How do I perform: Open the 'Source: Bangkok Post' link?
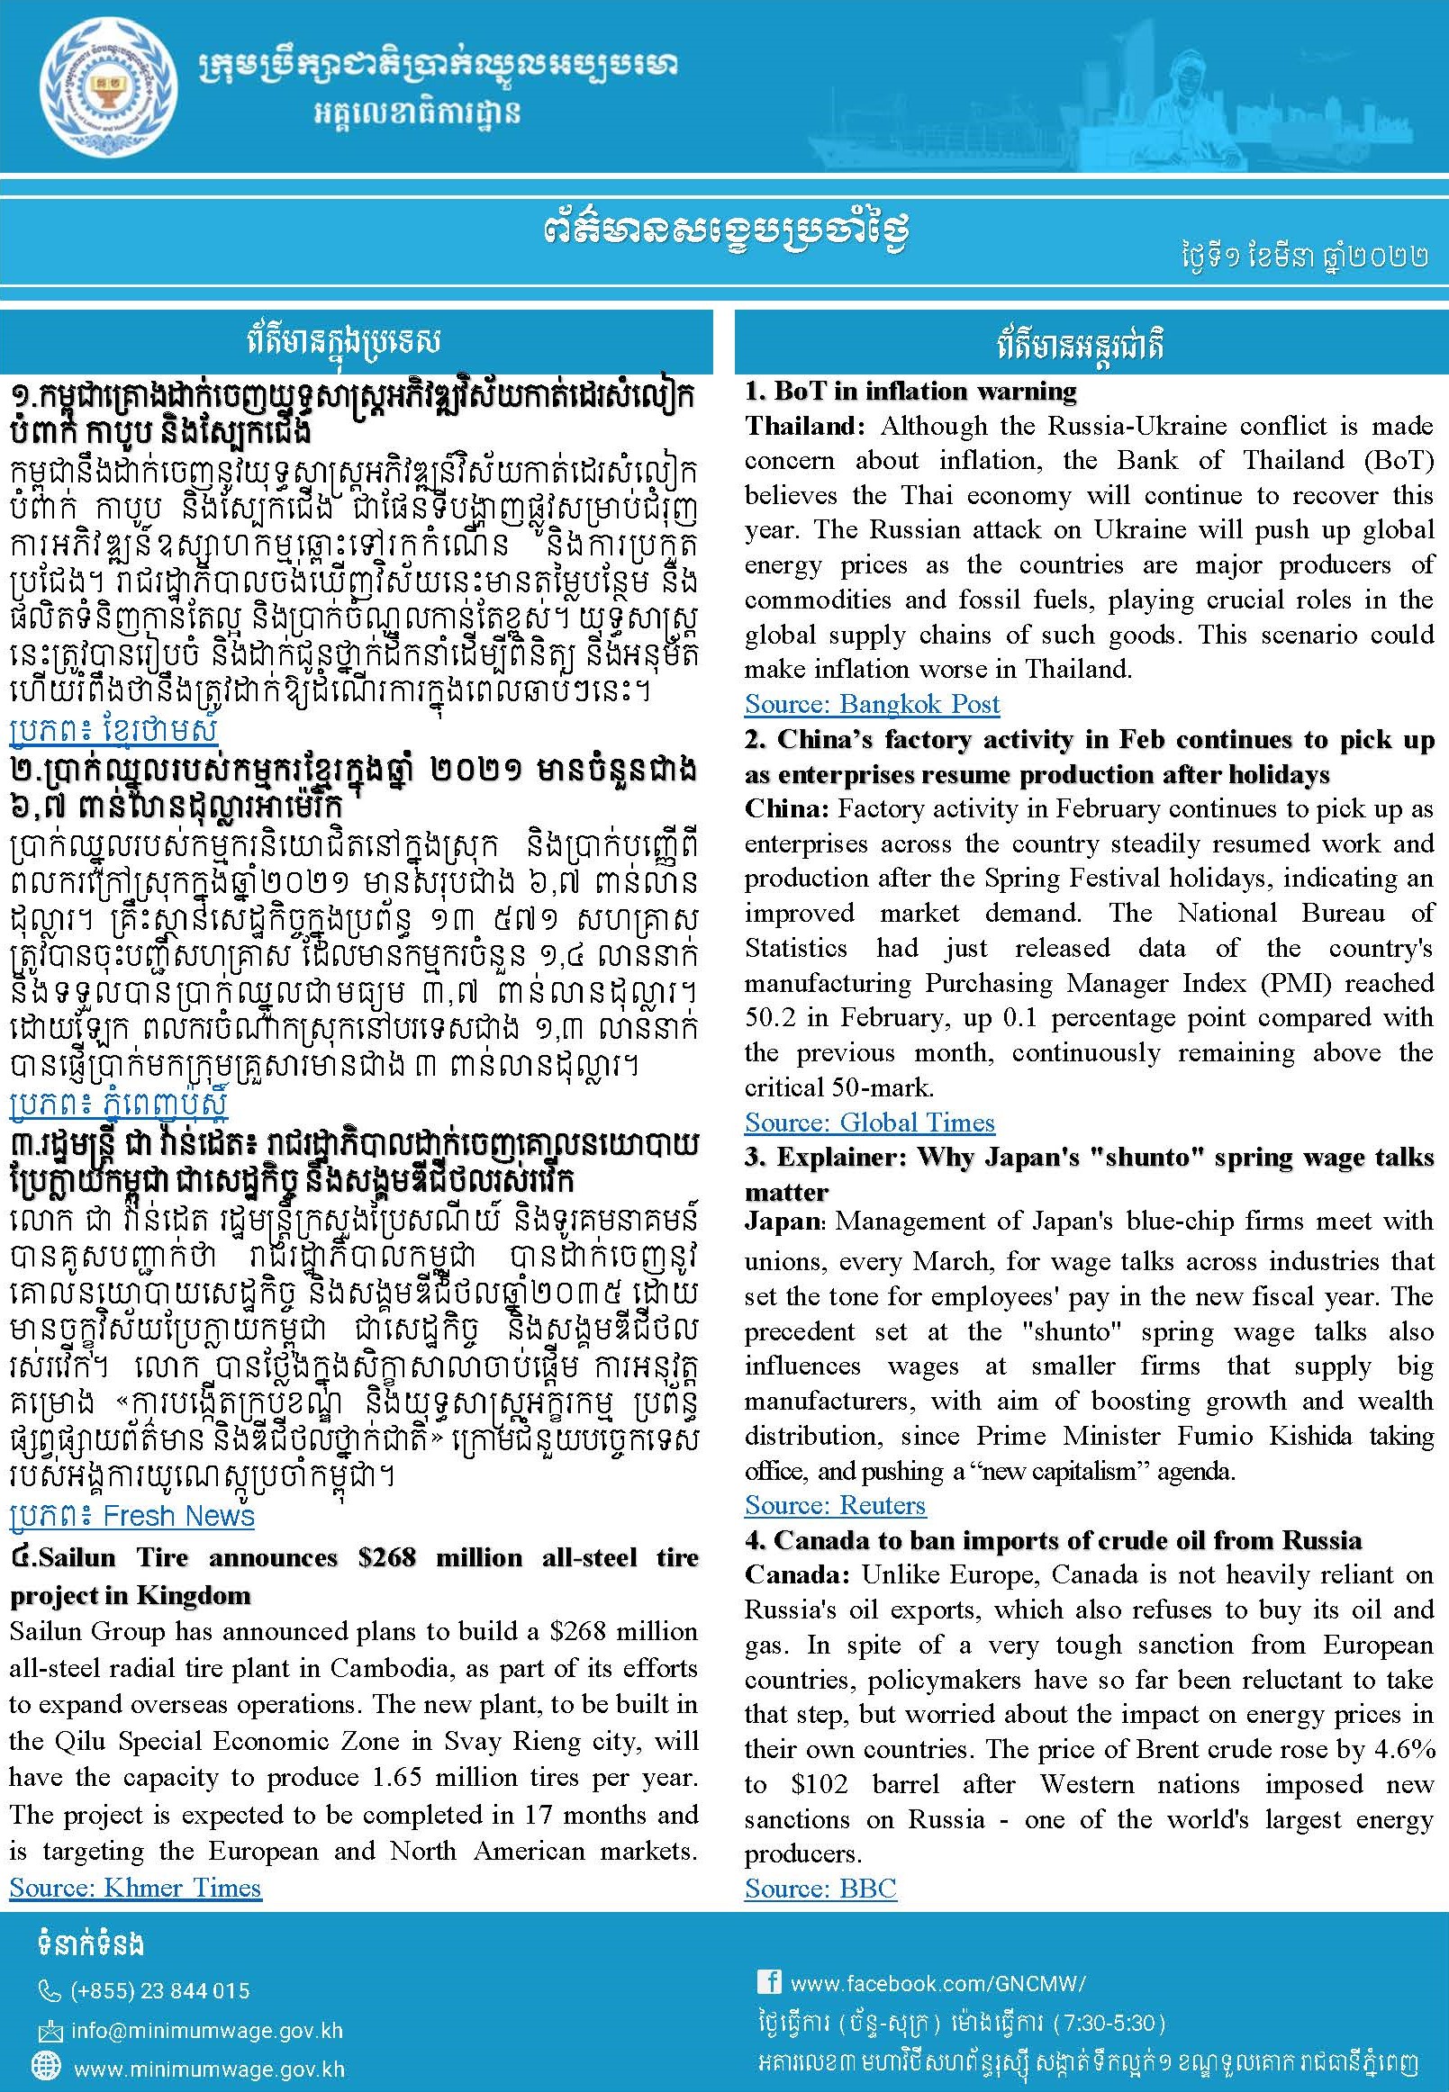pyautogui.click(x=872, y=704)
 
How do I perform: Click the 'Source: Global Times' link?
pyautogui.click(x=869, y=1123)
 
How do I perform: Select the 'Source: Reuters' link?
pyautogui.click(x=834, y=1506)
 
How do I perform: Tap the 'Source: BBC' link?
pyautogui.click(x=820, y=1889)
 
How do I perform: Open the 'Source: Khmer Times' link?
pyautogui.click(x=135, y=1888)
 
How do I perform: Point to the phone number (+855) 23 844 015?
pyautogui.click(x=158, y=1991)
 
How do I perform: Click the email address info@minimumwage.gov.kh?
pyautogui.click(x=207, y=2030)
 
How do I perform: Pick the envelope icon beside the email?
pyautogui.click(x=49, y=2030)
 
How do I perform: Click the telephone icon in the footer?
pyautogui.click(x=49, y=1992)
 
